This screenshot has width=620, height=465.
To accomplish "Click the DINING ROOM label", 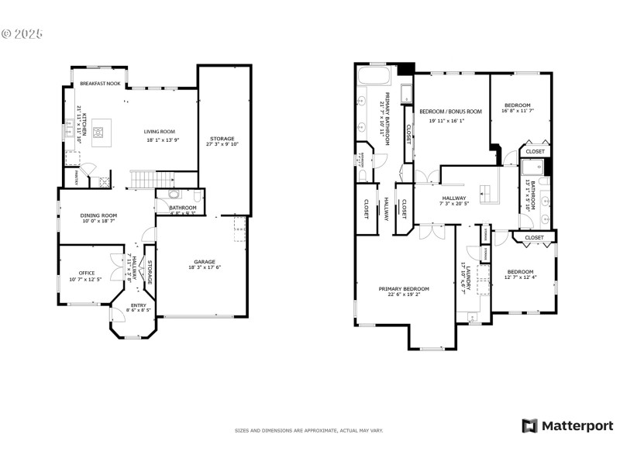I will [x=98, y=215].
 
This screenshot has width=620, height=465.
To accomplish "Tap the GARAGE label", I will [x=204, y=262].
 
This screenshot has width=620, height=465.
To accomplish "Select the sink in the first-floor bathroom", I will [x=172, y=197].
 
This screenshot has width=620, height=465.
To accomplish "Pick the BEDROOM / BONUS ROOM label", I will [x=450, y=112].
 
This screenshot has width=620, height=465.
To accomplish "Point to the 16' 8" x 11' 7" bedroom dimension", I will [x=517, y=112].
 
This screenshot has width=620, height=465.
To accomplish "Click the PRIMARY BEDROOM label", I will [x=403, y=289].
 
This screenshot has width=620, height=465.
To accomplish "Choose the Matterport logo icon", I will [x=529, y=425].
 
